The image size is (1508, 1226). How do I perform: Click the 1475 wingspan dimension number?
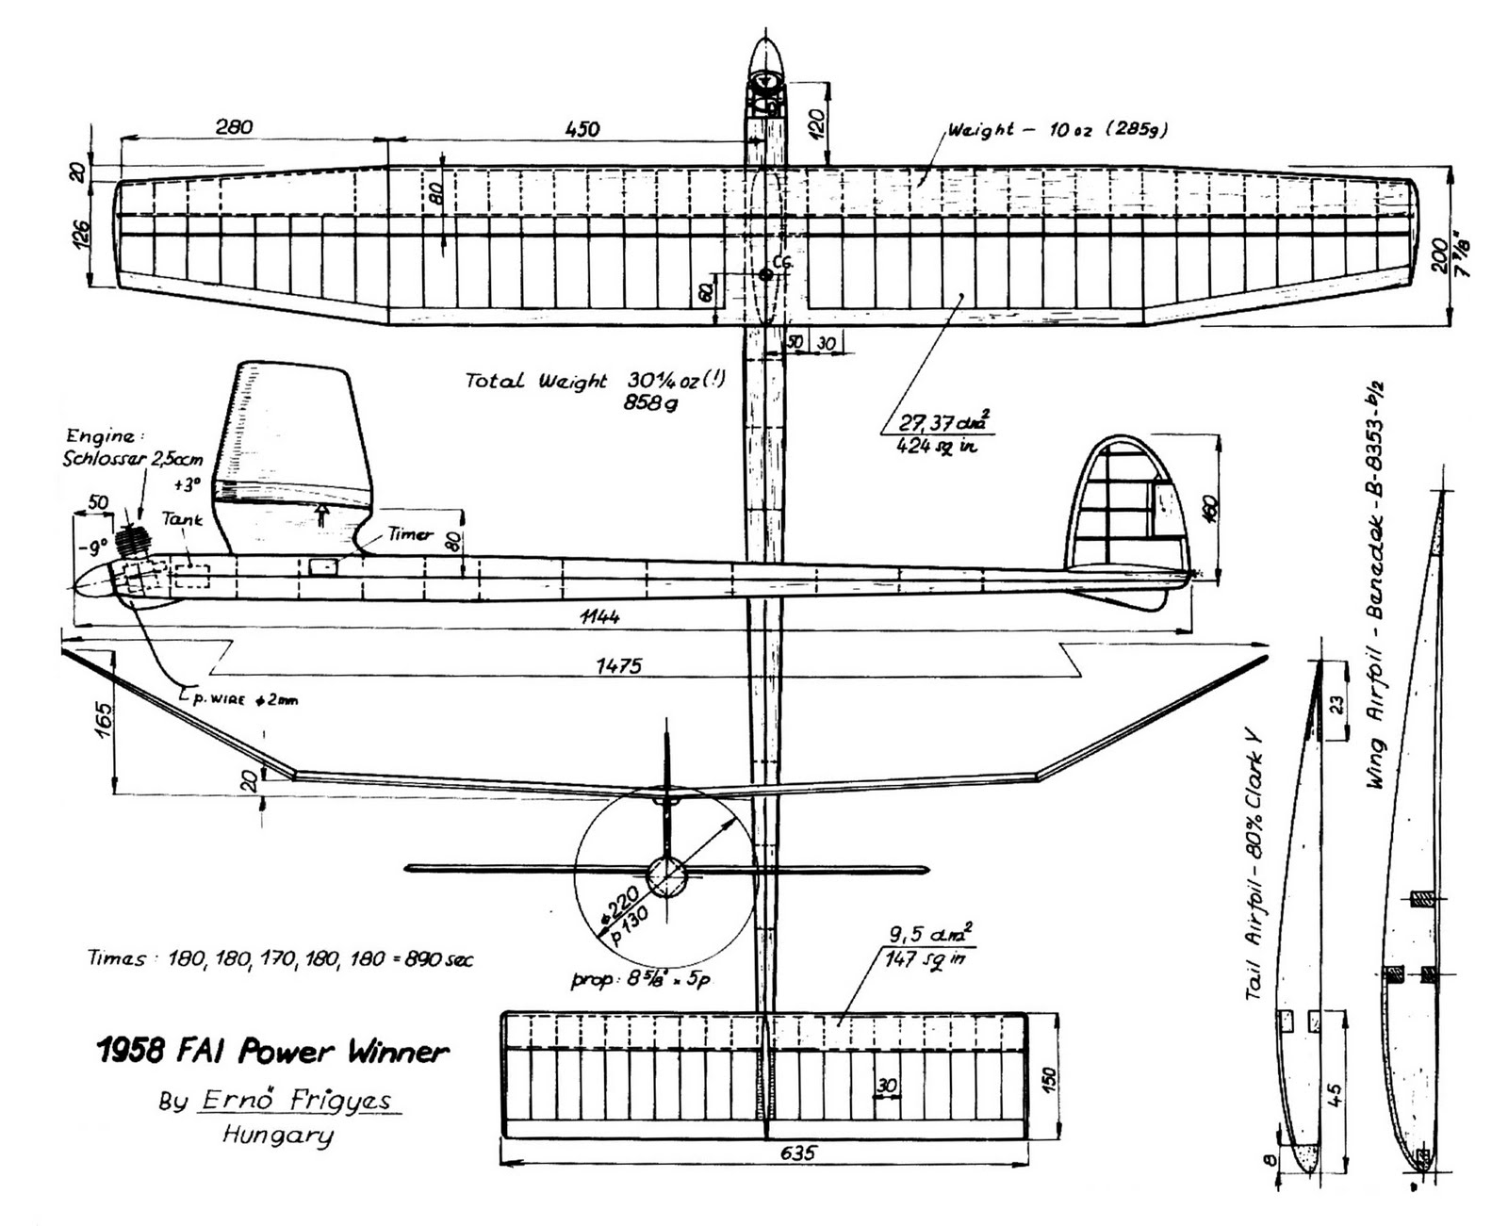pyautogui.click(x=619, y=665)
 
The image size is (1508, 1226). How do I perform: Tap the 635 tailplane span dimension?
pyautogui.click(x=798, y=1152)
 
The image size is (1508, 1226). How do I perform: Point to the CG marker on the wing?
pyautogui.click(x=765, y=274)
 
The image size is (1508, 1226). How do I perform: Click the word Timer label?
pyautogui.click(x=410, y=534)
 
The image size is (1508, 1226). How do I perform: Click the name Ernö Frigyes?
pyautogui.click(x=299, y=1100)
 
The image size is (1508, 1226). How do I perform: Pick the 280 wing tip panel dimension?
pyautogui.click(x=233, y=127)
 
